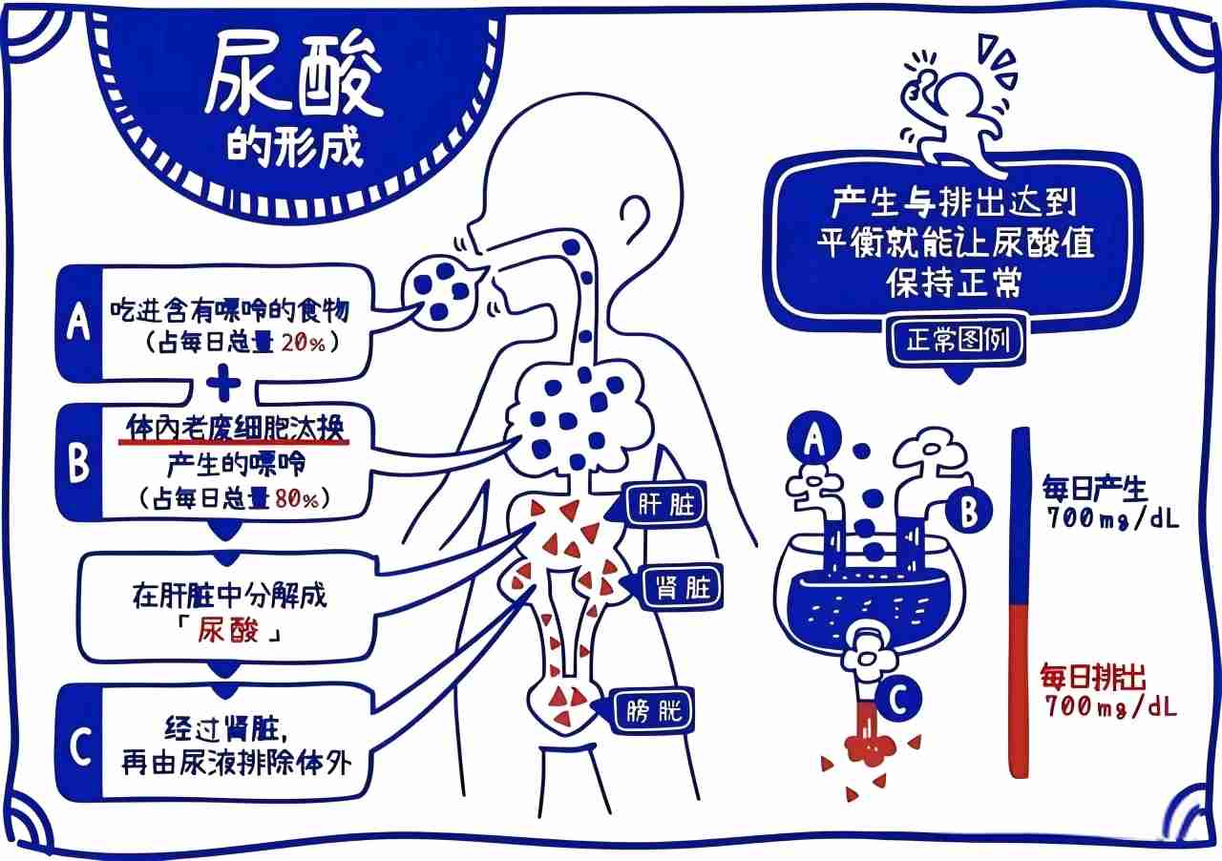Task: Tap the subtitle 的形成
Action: pos(295,147)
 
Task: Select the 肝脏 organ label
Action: pos(666,505)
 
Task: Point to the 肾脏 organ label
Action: pos(683,588)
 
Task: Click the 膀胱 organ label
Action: pos(653,711)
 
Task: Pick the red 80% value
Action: pos(296,498)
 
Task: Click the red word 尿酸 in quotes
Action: pos(227,631)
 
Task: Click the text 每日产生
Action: pos(1094,489)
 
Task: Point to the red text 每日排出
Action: pos(1093,678)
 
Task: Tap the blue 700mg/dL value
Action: pos(1112,517)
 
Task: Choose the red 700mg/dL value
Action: pos(1110,707)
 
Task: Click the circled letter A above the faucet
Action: pos(813,438)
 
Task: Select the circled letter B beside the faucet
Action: pos(968,510)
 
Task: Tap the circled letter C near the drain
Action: pos(898,700)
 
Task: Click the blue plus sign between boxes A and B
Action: pos(223,384)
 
